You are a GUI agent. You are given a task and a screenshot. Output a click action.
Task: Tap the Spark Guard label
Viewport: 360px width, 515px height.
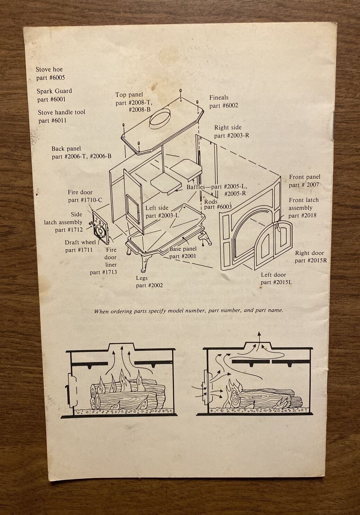point(54,91)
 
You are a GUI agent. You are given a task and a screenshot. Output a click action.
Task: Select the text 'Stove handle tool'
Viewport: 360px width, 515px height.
point(61,112)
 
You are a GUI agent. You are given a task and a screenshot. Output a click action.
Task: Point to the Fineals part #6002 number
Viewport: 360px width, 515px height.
point(224,106)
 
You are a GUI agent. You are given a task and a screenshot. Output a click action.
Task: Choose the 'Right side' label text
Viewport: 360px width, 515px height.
point(228,128)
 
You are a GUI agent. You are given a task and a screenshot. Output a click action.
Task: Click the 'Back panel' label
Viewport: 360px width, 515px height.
point(66,149)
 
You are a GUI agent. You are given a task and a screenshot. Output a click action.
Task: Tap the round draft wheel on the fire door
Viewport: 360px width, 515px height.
point(100,230)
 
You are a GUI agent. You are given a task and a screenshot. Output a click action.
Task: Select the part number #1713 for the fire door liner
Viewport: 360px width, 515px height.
point(103,272)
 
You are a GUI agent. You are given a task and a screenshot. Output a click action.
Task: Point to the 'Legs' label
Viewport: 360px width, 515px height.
point(142,278)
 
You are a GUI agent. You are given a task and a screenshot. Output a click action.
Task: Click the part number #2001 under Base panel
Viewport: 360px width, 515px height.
point(183,256)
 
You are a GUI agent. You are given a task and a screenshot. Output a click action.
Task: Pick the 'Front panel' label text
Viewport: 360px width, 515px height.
point(305,177)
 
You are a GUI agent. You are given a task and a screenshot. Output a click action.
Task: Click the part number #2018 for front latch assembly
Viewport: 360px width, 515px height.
point(302,216)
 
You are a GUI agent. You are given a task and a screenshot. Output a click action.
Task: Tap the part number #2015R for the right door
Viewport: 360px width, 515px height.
point(311,261)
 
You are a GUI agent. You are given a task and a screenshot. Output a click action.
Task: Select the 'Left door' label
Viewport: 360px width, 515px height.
point(273,275)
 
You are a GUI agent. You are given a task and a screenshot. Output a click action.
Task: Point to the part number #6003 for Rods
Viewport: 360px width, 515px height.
point(218,207)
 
